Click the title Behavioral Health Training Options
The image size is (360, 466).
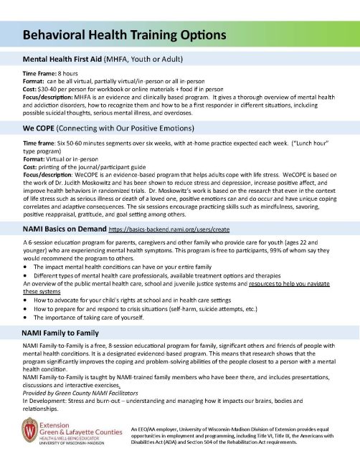click(125, 34)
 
